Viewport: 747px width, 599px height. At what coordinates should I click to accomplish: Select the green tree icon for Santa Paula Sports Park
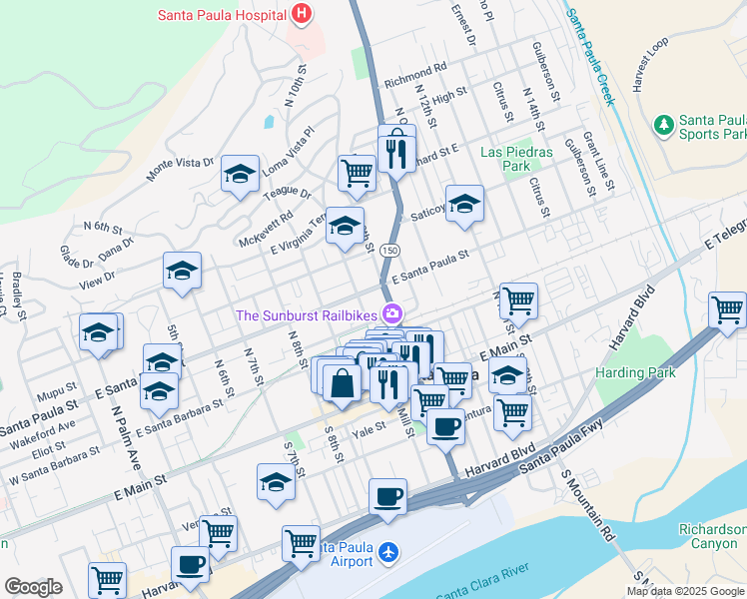[x=662, y=125]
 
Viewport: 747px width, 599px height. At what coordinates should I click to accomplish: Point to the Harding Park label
[x=635, y=372]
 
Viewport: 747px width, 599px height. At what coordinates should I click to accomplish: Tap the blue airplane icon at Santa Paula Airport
[x=388, y=552]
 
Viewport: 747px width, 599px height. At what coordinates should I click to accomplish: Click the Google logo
[x=33, y=587]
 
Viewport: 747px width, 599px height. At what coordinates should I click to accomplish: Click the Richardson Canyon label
[x=712, y=537]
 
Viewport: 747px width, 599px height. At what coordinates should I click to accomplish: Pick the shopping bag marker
[x=342, y=382]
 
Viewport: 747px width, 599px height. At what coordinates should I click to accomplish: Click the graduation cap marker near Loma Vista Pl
[x=240, y=175]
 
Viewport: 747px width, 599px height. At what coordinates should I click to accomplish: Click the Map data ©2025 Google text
[x=685, y=591]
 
